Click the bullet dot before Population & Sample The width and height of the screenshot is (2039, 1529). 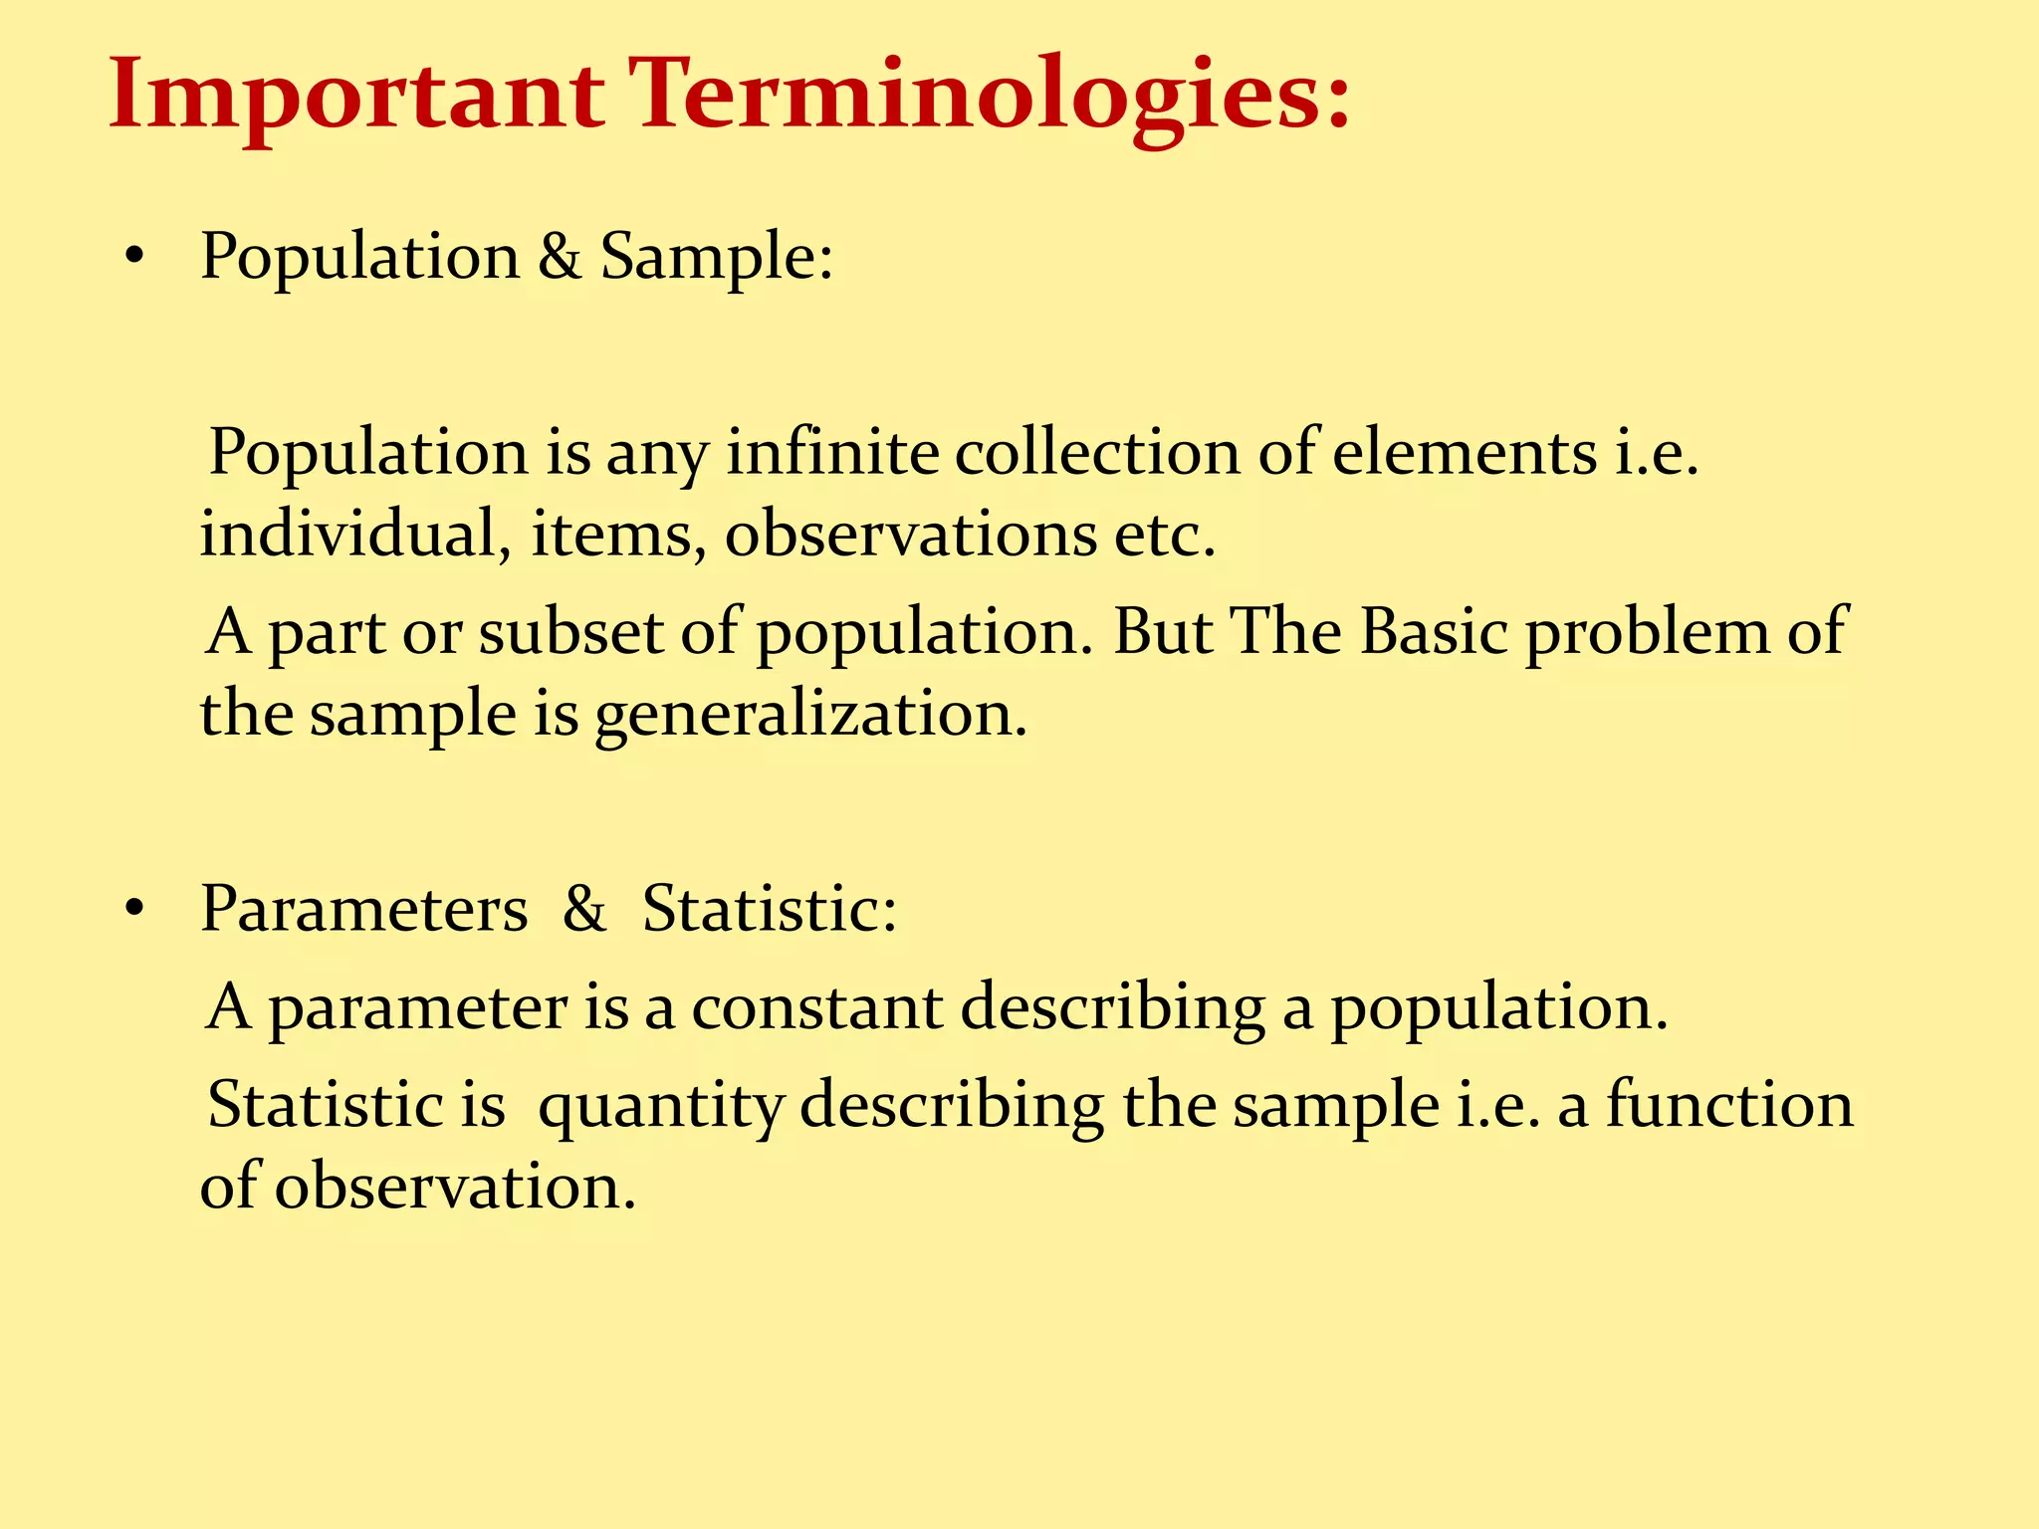[x=135, y=259]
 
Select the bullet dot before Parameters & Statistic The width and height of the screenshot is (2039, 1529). [x=135, y=910]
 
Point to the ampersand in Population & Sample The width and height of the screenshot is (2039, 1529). [x=560, y=257]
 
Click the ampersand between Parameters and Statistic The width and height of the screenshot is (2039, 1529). [x=584, y=908]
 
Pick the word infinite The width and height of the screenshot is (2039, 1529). [x=832, y=453]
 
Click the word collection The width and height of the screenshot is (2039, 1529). [x=1097, y=453]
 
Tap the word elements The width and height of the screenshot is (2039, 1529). [x=1465, y=453]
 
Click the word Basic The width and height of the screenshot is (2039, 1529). [x=1434, y=632]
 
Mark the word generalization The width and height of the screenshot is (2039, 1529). [x=810, y=716]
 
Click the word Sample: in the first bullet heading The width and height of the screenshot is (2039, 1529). [x=716, y=257]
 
